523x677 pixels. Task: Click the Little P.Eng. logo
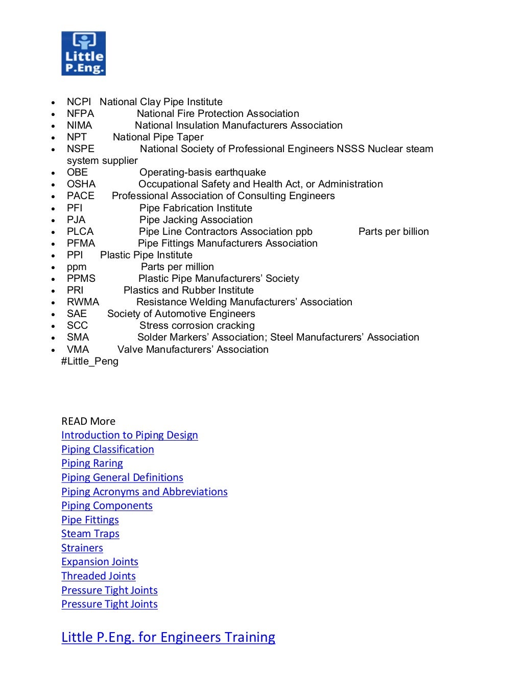83,54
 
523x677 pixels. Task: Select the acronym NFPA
80,113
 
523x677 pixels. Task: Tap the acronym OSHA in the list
81,184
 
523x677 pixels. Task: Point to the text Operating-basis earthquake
202,172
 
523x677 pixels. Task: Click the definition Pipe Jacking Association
196,220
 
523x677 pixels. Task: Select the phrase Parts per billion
393,231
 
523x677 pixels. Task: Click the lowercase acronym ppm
77,267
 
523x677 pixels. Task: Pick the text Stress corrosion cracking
197,325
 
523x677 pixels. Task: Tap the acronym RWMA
83,302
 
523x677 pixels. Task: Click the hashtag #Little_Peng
90,361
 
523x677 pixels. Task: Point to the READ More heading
88,421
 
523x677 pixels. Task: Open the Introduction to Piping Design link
129,435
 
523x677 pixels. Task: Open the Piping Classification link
107,449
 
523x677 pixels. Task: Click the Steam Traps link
90,534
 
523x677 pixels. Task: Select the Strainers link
82,548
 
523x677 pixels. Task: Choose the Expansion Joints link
100,562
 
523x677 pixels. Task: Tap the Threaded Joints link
99,576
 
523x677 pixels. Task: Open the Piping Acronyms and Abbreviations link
144,492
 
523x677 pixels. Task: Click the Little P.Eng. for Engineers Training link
168,637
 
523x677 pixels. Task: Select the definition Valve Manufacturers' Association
193,349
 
